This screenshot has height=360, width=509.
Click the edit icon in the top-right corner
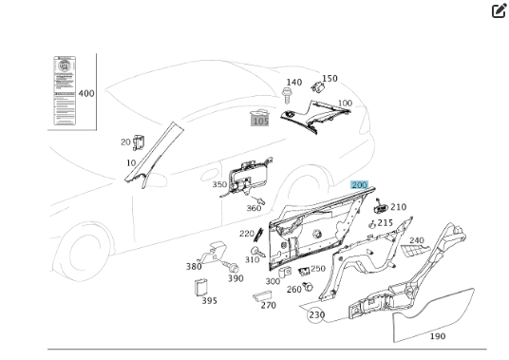[x=499, y=11]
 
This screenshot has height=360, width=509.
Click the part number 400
[x=86, y=94]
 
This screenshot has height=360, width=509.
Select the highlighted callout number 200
[x=359, y=185]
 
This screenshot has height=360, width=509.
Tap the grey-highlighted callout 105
[x=259, y=120]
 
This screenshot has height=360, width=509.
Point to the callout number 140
[x=294, y=83]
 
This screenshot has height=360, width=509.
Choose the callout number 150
[x=330, y=79]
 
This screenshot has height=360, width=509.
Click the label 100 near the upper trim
[x=345, y=103]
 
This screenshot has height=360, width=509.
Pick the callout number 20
[x=125, y=142]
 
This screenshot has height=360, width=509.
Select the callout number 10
[x=131, y=163]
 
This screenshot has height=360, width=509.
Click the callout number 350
[x=219, y=185]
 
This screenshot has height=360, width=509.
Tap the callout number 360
[x=254, y=208]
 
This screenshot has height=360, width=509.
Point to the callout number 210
[x=398, y=207]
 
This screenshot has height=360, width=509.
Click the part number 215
[x=386, y=223]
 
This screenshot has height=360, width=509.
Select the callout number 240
[x=417, y=240]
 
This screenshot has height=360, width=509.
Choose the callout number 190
[x=438, y=336]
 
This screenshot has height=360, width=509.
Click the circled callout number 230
[x=316, y=314]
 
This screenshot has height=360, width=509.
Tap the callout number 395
[x=209, y=300]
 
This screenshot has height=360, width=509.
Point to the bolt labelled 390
[x=231, y=267]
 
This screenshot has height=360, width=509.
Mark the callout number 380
[x=194, y=267]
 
